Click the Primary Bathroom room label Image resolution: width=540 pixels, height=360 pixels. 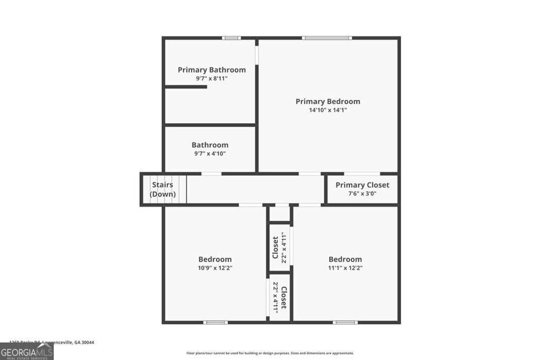tap(211, 70)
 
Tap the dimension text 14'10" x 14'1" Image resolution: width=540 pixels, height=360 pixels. tap(327, 110)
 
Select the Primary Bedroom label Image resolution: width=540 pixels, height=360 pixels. tap(327, 101)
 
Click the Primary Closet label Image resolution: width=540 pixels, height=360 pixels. tap(362, 184)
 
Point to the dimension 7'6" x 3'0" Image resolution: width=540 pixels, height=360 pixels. tap(362, 193)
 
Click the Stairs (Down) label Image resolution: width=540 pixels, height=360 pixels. tap(162, 189)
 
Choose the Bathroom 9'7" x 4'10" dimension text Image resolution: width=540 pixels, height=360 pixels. tap(210, 154)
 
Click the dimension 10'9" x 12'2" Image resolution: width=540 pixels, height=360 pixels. tap(215, 268)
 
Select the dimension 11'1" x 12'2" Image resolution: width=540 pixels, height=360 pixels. tap(345, 268)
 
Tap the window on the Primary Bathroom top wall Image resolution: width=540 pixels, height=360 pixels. tap(231, 38)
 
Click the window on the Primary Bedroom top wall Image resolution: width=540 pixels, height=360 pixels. tap(327, 38)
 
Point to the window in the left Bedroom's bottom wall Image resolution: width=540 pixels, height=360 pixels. tap(216, 322)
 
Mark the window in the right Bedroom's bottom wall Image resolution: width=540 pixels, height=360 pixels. tap(345, 322)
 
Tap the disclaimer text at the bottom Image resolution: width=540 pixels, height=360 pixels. tap(270, 353)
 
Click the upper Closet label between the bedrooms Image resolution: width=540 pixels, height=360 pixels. tap(275, 247)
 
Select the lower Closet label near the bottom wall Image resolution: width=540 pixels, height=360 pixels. tap(284, 298)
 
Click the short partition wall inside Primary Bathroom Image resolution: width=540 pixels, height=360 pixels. tap(186, 86)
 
